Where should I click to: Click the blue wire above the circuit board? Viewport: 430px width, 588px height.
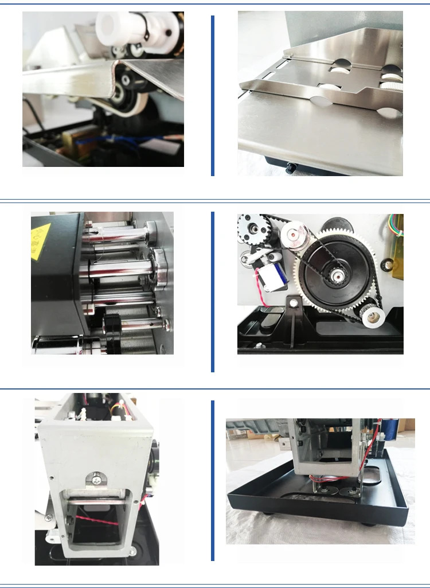click(x=103, y=139)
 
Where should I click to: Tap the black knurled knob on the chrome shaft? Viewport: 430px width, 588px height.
click(x=112, y=326)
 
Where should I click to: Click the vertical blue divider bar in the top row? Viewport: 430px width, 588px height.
click(x=213, y=95)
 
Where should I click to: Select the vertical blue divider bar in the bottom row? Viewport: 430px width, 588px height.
click(x=213, y=480)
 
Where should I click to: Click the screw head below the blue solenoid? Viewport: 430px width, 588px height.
click(x=294, y=302)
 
